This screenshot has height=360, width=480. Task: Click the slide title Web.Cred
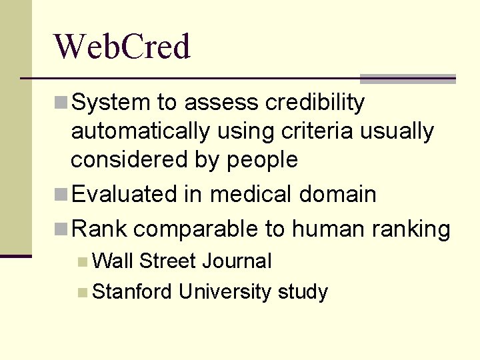click(122, 47)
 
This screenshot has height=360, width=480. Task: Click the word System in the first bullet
click(111, 103)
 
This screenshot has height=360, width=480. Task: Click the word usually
click(397, 131)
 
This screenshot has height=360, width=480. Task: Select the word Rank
click(99, 229)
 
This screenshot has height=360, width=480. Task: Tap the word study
click(303, 291)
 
